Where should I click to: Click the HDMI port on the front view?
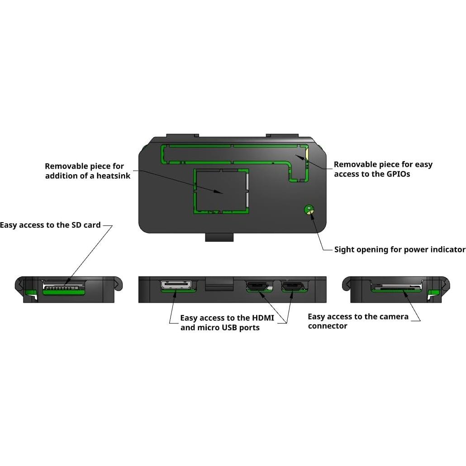[176, 285]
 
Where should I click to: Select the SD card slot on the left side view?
[63, 287]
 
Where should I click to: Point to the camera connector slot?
[396, 287]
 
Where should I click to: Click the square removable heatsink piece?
[221, 190]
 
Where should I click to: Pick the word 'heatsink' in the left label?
[113, 176]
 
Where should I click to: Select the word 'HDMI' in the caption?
[263, 318]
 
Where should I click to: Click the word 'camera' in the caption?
[393, 317]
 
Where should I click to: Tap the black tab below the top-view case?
[219, 237]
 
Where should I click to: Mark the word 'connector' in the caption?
[328, 326]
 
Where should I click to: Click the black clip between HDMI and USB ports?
[219, 284]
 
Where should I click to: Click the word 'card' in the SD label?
[92, 225]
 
